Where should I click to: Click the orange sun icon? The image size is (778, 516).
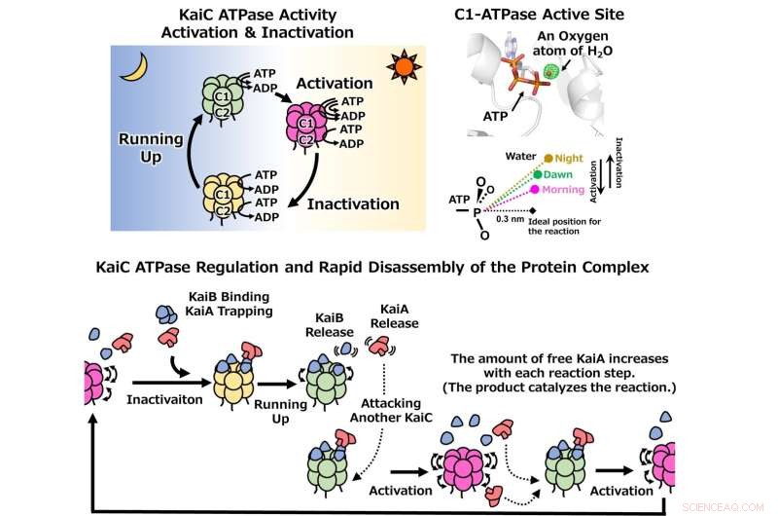pyautogui.click(x=402, y=68)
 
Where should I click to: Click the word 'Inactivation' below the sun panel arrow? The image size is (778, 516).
pyautogui.click(x=353, y=204)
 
